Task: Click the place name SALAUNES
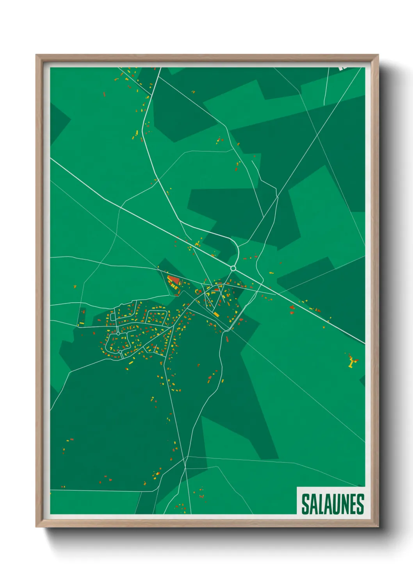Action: pos(333,504)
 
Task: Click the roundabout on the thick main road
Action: pos(233,268)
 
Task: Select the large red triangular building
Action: pos(173,280)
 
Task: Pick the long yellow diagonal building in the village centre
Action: pos(215,314)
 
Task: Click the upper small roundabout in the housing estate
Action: pos(118,334)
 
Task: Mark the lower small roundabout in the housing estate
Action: pos(121,352)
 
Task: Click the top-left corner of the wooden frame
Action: pos(36,55)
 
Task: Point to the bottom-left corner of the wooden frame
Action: pos(36,527)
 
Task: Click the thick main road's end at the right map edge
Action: pos(364,344)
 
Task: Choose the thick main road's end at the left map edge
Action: pos(51,158)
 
